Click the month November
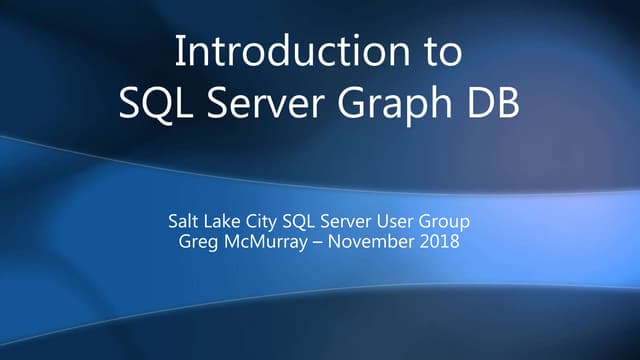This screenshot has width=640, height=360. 381,243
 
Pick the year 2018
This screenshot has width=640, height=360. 442,243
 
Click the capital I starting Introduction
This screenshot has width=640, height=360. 180,51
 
